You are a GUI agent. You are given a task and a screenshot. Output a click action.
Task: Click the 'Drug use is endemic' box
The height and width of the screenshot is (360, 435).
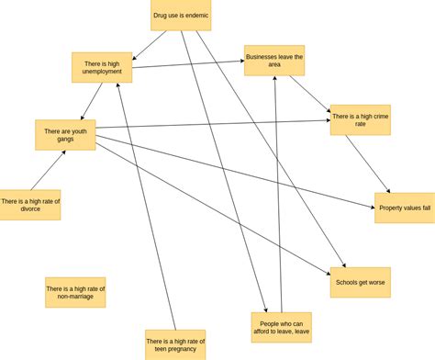(x=181, y=16)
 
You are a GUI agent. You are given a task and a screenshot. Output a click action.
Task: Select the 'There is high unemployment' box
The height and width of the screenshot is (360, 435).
(x=102, y=67)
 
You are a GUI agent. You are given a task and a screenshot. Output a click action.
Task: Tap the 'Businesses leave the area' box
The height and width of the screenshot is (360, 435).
(x=274, y=61)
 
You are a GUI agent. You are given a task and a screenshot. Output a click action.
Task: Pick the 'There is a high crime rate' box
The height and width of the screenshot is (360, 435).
(x=361, y=120)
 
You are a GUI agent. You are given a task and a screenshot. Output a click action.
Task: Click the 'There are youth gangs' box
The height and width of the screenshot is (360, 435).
(x=65, y=135)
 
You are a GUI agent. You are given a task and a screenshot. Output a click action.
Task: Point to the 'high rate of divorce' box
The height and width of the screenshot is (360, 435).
(x=30, y=205)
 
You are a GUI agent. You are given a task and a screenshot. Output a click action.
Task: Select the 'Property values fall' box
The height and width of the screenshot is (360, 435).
(x=405, y=208)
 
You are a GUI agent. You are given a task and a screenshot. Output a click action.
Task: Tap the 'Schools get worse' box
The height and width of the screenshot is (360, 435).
(x=361, y=282)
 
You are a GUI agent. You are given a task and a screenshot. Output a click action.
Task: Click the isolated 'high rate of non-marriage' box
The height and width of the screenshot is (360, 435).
(x=75, y=292)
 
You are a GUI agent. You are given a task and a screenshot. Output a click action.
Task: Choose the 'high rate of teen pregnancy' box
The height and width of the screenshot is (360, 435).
(x=175, y=344)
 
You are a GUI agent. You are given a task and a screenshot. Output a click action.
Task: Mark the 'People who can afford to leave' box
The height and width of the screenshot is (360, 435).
(x=281, y=327)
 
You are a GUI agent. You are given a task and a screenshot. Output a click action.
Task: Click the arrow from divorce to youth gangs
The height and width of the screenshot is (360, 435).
(x=49, y=170)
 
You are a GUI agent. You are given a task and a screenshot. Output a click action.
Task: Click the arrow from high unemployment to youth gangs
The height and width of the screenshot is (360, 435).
(x=90, y=102)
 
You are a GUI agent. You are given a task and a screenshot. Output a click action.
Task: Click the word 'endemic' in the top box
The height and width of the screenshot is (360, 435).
(x=195, y=16)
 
